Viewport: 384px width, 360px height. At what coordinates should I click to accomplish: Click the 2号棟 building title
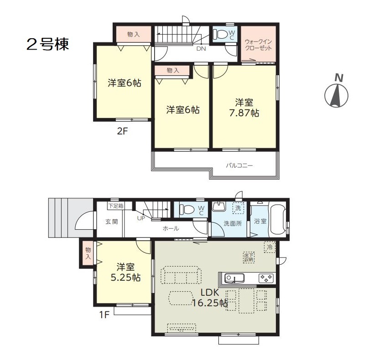click(x=47, y=44)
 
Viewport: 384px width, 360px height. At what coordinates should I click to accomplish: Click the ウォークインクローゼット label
click(x=259, y=45)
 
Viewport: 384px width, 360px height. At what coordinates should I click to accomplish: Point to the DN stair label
click(x=201, y=48)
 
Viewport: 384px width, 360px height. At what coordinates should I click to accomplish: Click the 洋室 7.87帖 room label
click(x=244, y=108)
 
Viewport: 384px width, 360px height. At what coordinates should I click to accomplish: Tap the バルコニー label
click(x=239, y=166)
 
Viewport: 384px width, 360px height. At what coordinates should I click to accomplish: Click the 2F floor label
click(x=122, y=131)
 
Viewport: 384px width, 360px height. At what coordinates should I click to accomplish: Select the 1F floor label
click(x=104, y=314)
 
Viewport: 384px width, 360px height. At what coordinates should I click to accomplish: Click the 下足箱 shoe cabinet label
click(x=116, y=206)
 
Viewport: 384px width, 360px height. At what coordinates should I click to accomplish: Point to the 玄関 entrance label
click(x=111, y=222)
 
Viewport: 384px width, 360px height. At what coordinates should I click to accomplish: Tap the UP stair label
click(x=141, y=218)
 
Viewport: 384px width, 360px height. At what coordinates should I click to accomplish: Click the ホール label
click(x=171, y=229)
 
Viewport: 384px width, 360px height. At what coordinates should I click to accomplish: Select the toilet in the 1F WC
click(x=187, y=210)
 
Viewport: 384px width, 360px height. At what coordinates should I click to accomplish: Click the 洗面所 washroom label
click(x=233, y=223)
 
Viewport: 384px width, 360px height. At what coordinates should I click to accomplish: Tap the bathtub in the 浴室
click(x=277, y=219)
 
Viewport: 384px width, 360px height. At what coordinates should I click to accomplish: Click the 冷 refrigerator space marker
click(x=270, y=247)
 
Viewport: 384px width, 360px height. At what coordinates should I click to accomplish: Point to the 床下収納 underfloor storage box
click(x=249, y=257)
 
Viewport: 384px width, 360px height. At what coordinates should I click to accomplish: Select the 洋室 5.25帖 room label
click(x=125, y=272)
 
